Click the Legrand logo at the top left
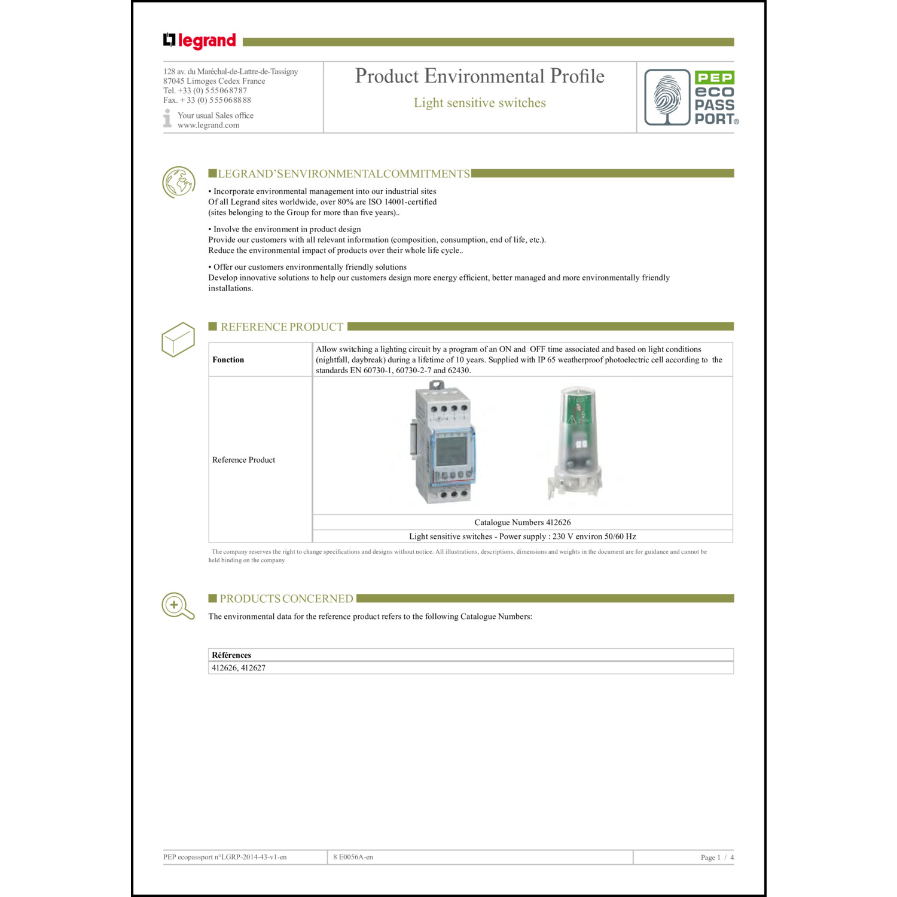200,41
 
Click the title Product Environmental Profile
480,77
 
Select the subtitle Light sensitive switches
480,103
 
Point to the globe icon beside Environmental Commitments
178,182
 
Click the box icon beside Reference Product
178,340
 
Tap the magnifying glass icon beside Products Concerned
178,606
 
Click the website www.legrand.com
208,125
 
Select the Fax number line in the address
207,100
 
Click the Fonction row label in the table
228,359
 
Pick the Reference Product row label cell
244,460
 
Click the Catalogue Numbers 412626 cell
522,522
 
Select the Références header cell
231,655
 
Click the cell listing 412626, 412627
239,668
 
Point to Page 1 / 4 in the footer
716,858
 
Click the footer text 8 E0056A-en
353,858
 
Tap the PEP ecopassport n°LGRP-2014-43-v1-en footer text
225,858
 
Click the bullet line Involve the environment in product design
285,229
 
